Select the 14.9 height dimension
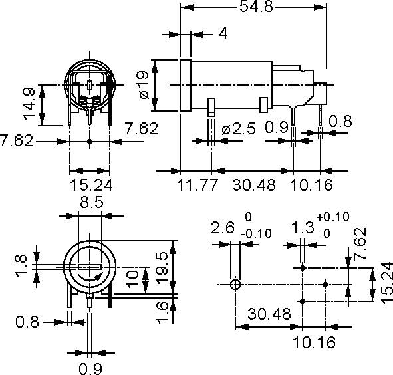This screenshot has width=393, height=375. coord(29,105)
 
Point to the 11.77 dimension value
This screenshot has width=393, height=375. coord(197,184)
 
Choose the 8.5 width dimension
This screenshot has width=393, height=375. coord(90,203)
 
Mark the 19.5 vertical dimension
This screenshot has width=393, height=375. coord(162,266)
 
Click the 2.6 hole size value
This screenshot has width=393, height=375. coord(223,228)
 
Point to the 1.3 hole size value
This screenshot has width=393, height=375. coord(303,228)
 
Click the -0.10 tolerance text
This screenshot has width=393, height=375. coord(255,233)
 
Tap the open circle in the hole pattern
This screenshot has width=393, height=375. coord(234,284)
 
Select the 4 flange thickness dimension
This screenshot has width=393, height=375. coord(223,33)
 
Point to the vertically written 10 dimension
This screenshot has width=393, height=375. coord(132,276)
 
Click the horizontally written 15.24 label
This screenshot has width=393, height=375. coord(90,184)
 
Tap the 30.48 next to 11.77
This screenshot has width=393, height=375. coord(253,184)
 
